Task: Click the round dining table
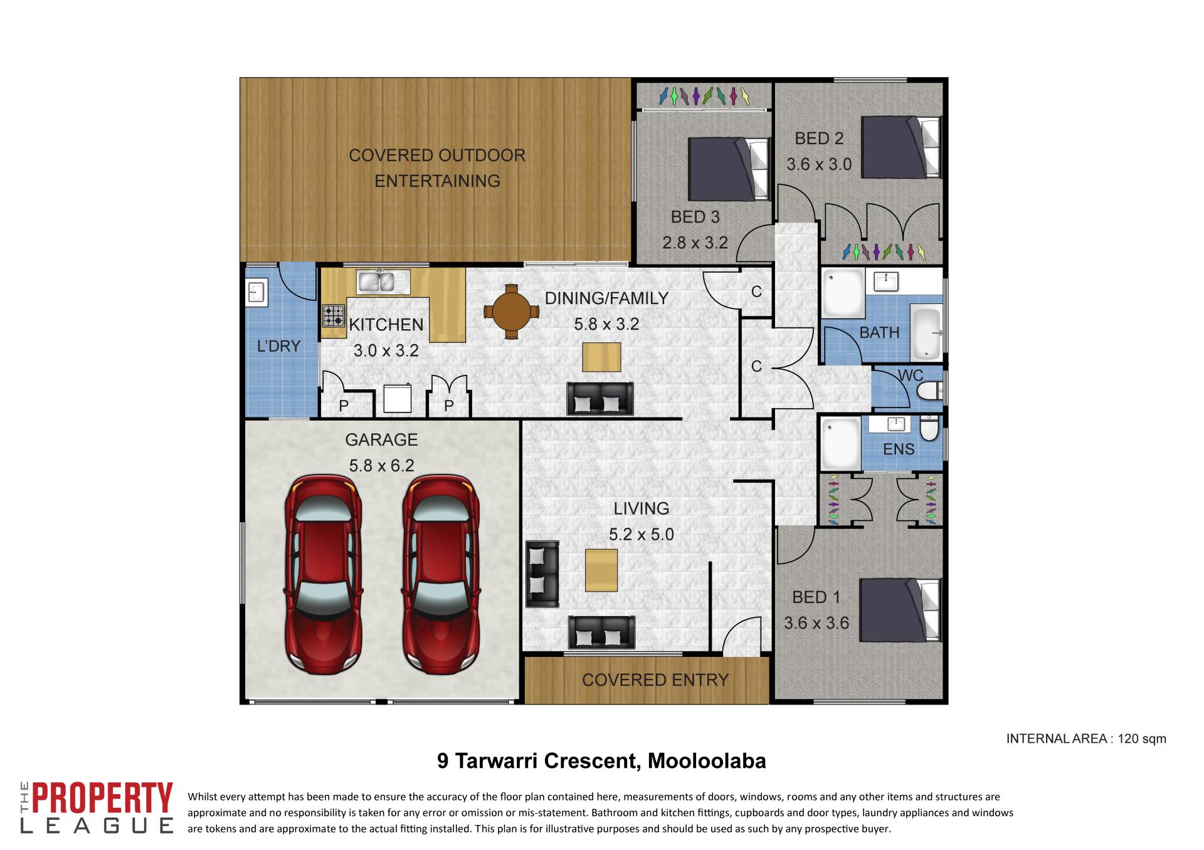click(x=512, y=311)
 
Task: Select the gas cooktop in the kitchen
click(x=334, y=315)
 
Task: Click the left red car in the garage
click(x=324, y=574)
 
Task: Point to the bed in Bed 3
click(x=729, y=169)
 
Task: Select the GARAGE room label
click(x=381, y=440)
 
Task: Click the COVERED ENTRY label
click(x=655, y=680)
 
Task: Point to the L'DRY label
click(x=279, y=346)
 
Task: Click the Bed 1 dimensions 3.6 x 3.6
click(x=816, y=623)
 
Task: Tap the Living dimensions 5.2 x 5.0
click(x=642, y=535)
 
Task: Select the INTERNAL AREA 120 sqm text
click(x=1086, y=739)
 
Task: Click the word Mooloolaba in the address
click(x=707, y=761)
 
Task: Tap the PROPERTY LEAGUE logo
click(x=97, y=807)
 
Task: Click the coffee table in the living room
click(x=601, y=570)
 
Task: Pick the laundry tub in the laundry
click(x=256, y=293)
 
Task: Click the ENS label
click(x=899, y=449)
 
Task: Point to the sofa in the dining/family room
click(x=600, y=399)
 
